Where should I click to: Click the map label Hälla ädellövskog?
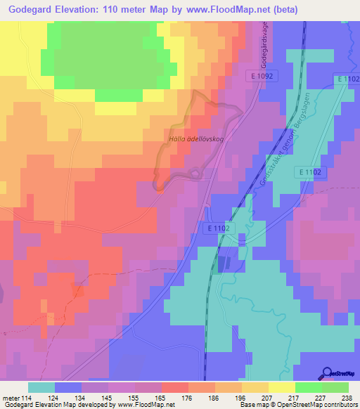coord(196,138)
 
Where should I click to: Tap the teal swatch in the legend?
coord(41,387)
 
